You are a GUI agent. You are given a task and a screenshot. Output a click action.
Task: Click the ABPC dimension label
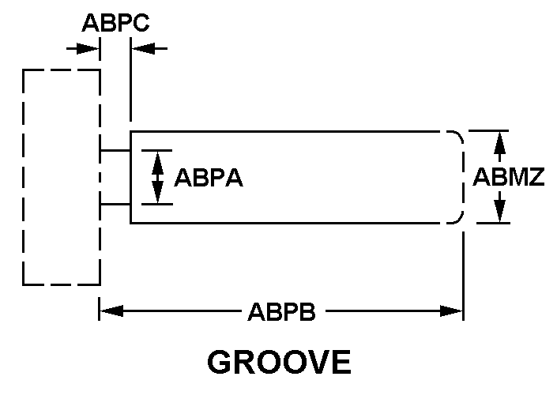pyautogui.click(x=115, y=23)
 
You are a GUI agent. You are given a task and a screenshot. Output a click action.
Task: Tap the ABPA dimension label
pyautogui.click(x=209, y=178)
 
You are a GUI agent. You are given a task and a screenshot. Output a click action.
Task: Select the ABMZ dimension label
pyautogui.click(x=508, y=177)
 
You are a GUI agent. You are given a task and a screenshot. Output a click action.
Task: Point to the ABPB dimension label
pyautogui.click(x=282, y=311)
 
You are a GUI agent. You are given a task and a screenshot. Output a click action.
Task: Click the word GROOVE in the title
pyautogui.click(x=279, y=362)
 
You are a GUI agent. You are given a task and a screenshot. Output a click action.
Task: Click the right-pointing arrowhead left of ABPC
pyautogui.click(x=88, y=49)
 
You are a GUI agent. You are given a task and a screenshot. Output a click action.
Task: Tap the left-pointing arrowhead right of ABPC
pyautogui.click(x=143, y=49)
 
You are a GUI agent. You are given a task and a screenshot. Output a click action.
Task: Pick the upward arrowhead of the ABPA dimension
pyautogui.click(x=157, y=163)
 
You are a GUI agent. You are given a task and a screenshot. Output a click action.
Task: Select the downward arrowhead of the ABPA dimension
pyautogui.click(x=157, y=192)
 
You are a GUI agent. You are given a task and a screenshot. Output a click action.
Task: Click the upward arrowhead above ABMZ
pyautogui.click(x=500, y=142)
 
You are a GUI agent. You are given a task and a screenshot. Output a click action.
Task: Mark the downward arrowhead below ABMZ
pyautogui.click(x=500, y=212)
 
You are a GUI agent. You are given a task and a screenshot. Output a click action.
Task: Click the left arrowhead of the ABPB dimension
pyautogui.click(x=111, y=311)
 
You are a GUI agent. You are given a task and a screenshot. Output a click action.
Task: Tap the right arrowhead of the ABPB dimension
pyautogui.click(x=451, y=311)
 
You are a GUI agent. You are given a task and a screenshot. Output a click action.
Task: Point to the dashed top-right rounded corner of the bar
pyautogui.click(x=459, y=135)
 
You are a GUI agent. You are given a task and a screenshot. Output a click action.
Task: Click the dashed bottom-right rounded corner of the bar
pyautogui.click(x=459, y=219)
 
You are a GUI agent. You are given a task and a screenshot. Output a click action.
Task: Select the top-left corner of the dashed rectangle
pyautogui.click(x=24, y=70)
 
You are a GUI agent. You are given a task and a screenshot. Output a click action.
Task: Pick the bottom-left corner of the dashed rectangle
pyautogui.click(x=24, y=284)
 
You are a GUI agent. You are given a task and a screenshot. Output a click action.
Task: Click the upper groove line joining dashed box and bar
pyautogui.click(x=115, y=151)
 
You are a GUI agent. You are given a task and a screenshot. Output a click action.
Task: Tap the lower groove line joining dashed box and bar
pyautogui.click(x=115, y=205)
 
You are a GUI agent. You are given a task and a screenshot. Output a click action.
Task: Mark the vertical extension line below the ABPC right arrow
pyautogui.click(x=130, y=79)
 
